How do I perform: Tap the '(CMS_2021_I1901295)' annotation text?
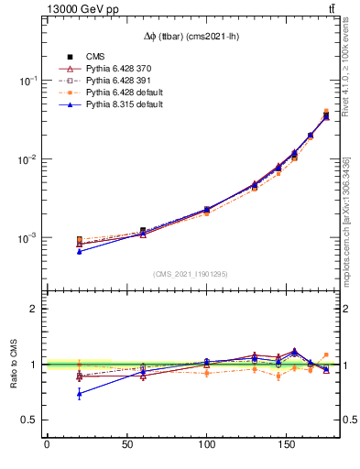(191, 274)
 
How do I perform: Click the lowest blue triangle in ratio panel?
(79, 394)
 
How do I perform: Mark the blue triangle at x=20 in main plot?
(79, 251)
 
